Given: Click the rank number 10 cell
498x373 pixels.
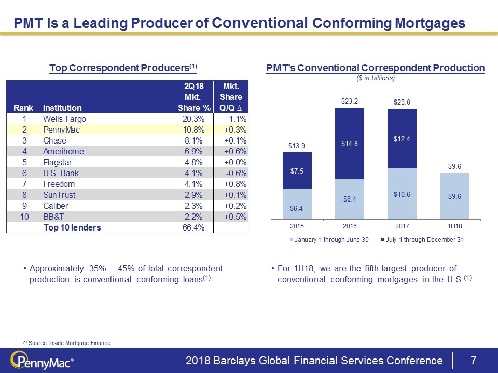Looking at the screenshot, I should point(23,217).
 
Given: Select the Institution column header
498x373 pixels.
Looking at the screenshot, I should point(62,108).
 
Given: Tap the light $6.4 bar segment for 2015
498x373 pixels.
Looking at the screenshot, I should point(297,204).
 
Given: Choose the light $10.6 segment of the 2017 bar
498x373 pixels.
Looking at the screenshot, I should point(403,194).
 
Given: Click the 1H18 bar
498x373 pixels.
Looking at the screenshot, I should point(454,196).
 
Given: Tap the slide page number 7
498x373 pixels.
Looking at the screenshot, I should point(473,360).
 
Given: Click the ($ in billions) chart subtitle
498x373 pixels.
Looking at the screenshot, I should point(375,78).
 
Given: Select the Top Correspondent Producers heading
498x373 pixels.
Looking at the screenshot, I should point(123,68).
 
